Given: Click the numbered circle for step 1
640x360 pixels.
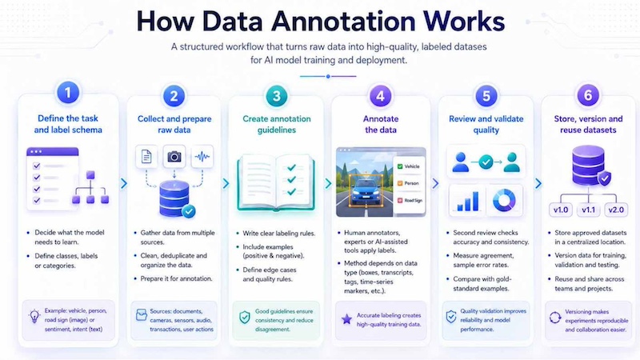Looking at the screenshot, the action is click(x=68, y=93).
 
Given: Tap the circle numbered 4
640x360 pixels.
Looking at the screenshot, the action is click(x=381, y=96).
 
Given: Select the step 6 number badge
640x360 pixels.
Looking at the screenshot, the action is click(x=588, y=95).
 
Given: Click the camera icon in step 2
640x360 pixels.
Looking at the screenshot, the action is click(x=174, y=156).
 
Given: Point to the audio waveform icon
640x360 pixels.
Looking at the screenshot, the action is click(x=202, y=156).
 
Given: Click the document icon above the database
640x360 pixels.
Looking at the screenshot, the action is click(x=146, y=156).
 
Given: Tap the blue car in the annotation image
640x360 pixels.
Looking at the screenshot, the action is click(x=366, y=191).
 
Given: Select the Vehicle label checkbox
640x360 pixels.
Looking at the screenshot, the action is click(x=400, y=166).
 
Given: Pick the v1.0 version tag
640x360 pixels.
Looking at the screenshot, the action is click(x=561, y=210).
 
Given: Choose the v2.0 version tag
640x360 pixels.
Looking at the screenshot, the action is click(x=616, y=210).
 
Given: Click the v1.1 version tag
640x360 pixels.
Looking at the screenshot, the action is click(x=588, y=210).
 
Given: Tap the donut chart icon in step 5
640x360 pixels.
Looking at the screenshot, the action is click(x=504, y=201).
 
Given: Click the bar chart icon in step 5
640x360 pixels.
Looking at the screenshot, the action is click(x=468, y=202).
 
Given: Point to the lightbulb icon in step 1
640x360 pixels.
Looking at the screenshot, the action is click(x=34, y=316).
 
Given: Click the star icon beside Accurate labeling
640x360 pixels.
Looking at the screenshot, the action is click(x=346, y=319).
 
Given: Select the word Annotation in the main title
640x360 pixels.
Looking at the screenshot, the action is click(x=343, y=22).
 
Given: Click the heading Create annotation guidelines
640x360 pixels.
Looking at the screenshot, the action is click(x=277, y=125).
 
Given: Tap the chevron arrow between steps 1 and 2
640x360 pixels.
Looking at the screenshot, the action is click(x=124, y=184).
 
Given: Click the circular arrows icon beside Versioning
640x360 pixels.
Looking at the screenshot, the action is click(x=555, y=317).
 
